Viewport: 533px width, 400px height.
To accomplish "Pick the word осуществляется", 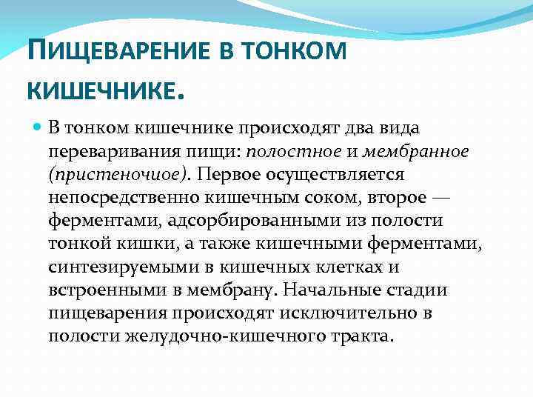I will [341, 174].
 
